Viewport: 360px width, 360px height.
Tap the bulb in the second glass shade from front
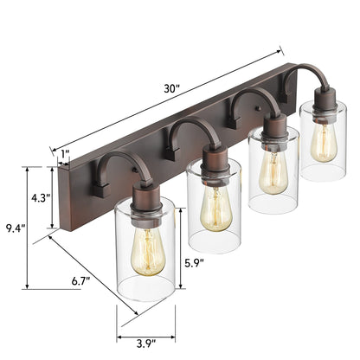pos(212,207)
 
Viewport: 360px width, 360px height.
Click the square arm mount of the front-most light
pos(101,184)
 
